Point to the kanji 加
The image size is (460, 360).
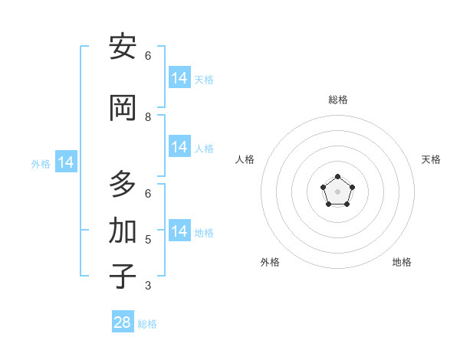click(x=123, y=231)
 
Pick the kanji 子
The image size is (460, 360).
click(x=123, y=277)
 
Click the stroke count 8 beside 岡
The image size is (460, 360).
click(x=148, y=117)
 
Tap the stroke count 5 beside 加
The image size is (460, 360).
click(x=148, y=240)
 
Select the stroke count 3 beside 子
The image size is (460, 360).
click(x=148, y=286)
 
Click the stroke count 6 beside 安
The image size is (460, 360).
click(x=148, y=56)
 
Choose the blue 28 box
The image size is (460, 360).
click(x=123, y=322)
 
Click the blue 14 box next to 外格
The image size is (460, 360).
click(x=65, y=162)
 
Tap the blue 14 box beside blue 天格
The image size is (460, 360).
click(x=179, y=78)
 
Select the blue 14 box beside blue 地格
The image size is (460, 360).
click(x=179, y=231)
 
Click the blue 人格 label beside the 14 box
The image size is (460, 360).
click(x=204, y=148)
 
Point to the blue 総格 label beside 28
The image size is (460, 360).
click(x=147, y=324)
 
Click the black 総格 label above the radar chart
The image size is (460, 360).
click(x=338, y=100)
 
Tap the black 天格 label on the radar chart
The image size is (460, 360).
click(x=431, y=159)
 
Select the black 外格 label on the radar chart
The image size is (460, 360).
click(x=270, y=262)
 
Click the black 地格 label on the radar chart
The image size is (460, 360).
click(x=402, y=262)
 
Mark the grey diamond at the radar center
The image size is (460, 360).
click(x=338, y=191)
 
